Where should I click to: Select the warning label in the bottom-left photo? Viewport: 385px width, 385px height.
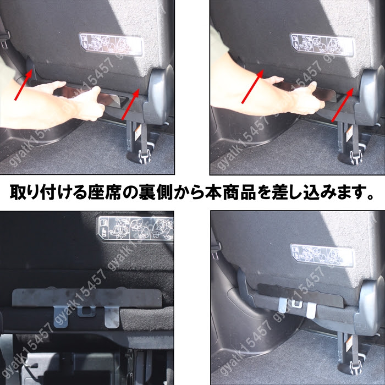click(x=134, y=227)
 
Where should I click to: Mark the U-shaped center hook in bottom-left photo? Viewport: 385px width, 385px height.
click(x=85, y=311)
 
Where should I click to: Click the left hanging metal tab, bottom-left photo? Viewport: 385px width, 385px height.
click(x=61, y=316)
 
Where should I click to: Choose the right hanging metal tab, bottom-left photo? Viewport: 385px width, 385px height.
click(x=111, y=316)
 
